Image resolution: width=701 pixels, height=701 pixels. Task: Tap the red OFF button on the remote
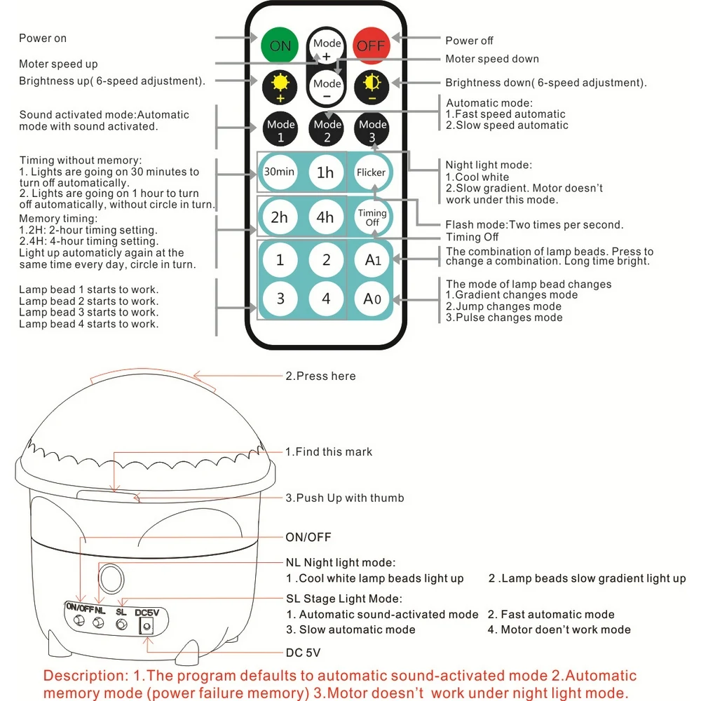[x=372, y=46]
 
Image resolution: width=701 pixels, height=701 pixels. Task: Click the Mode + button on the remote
[x=327, y=47]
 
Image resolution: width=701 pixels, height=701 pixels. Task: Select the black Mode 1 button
[x=280, y=130]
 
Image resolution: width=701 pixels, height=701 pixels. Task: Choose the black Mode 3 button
[x=372, y=130]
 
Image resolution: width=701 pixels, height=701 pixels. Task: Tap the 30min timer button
[x=280, y=172]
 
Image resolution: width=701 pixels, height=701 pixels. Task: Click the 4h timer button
[x=326, y=217]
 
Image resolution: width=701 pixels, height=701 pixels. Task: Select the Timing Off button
[x=372, y=217]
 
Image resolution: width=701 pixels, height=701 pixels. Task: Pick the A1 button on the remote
[x=372, y=260]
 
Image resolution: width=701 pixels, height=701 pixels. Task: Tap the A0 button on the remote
[x=372, y=299]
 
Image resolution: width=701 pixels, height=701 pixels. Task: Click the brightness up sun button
[x=280, y=87]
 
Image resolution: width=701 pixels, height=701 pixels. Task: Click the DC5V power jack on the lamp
[x=147, y=627]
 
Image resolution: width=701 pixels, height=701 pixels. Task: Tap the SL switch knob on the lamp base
[x=122, y=624]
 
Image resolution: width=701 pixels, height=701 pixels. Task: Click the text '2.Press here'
[x=320, y=376]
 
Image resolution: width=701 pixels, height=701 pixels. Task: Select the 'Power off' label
[x=470, y=41]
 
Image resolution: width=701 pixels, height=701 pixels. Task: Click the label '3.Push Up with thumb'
[x=344, y=498]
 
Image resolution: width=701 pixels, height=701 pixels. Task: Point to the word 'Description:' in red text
[x=81, y=676]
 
